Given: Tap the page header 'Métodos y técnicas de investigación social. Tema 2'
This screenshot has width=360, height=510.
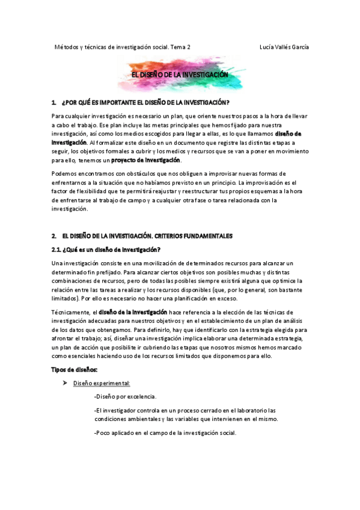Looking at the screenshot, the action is click(123, 47).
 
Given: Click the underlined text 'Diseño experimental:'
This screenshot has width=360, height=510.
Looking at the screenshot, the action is click(102, 383).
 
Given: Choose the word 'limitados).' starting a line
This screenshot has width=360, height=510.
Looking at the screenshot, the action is click(66, 298).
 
